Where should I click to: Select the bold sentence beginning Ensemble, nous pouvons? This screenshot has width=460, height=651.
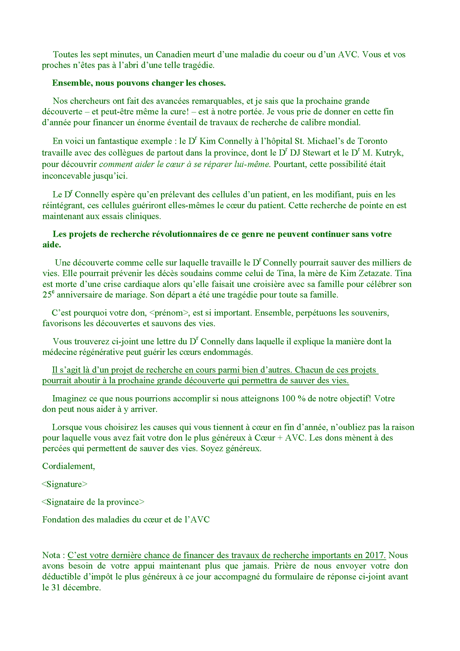139,83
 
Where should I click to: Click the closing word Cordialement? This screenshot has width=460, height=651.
68,466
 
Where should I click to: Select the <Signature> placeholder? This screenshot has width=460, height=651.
64,484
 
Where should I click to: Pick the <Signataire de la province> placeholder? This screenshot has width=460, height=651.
93,502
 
